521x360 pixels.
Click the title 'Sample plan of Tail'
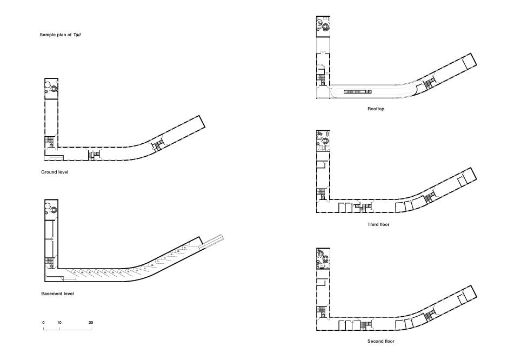click(x=60, y=35)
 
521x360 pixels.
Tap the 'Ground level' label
click(x=55, y=172)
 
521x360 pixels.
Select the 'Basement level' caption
click(x=57, y=294)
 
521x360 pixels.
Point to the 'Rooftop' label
click(x=376, y=109)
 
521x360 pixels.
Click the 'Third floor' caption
click(x=378, y=224)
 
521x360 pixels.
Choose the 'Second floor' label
click(x=381, y=341)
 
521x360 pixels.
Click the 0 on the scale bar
click(x=44, y=323)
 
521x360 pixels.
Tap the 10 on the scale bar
click(x=59, y=323)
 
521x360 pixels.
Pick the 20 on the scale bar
click(x=91, y=323)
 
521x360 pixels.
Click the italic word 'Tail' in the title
click(x=77, y=35)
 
